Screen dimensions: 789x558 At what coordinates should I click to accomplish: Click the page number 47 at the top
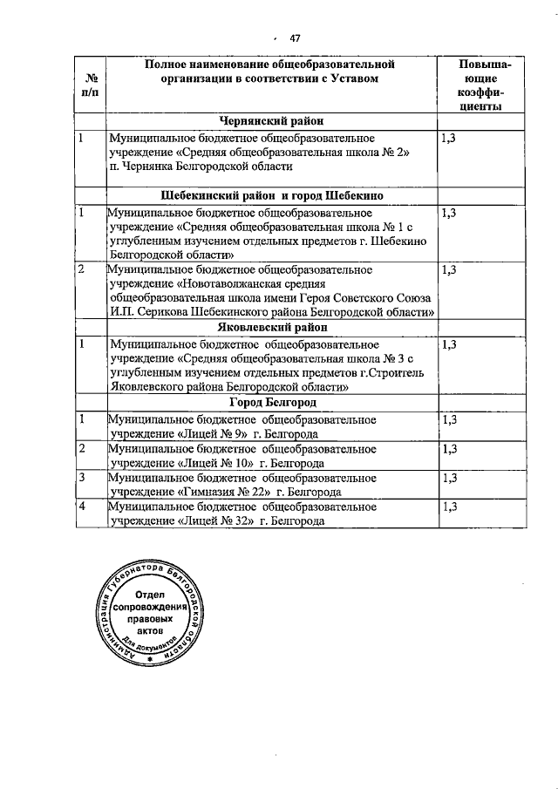(295, 37)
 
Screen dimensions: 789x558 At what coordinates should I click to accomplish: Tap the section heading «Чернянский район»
(270, 121)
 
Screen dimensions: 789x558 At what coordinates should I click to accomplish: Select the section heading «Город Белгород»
(272, 402)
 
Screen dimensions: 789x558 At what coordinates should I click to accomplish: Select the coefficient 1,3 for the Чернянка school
(450, 138)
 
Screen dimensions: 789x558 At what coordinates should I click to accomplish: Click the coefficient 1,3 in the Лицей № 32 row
(450, 507)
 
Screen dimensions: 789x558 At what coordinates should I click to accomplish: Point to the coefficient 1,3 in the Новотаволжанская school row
(450, 269)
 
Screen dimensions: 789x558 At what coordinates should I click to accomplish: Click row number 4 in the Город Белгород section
(81, 507)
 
